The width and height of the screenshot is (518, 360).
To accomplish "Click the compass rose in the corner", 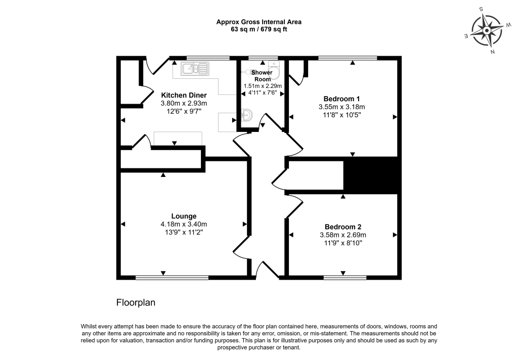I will pyautogui.click(x=487, y=30).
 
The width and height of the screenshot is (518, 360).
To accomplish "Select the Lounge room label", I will pyautogui.click(x=184, y=216).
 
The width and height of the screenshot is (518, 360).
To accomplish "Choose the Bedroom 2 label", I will pyautogui.click(x=343, y=227).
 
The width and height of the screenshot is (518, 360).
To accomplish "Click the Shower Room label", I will pyautogui.click(x=262, y=75).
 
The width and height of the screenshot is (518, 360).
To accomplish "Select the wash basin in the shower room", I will pyautogui.click(x=246, y=116).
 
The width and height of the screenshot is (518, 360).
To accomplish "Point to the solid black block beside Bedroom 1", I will pyautogui.click(x=372, y=175).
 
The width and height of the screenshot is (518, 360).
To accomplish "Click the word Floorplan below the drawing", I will pyautogui.click(x=136, y=303).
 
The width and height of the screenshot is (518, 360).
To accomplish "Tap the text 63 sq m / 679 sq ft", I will pyautogui.click(x=259, y=29).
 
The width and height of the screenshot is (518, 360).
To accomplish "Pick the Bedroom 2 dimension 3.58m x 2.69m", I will pyautogui.click(x=343, y=235).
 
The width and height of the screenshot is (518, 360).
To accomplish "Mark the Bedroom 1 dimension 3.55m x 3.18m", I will pyautogui.click(x=341, y=107).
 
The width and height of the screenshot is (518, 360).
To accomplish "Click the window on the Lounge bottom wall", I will pyautogui.click(x=172, y=277).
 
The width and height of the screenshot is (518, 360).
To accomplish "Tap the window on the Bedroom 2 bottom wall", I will pyautogui.click(x=345, y=277).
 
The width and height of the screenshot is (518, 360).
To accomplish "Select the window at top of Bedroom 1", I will pyautogui.click(x=348, y=58).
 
